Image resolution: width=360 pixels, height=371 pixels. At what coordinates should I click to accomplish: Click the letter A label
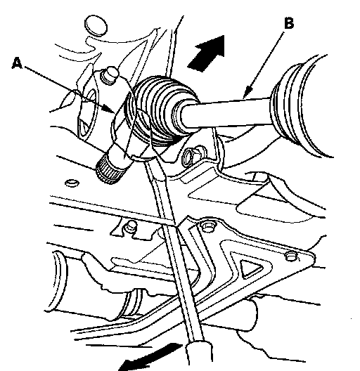click(x=17, y=63)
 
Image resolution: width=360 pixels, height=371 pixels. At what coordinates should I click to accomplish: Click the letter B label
click(x=289, y=23)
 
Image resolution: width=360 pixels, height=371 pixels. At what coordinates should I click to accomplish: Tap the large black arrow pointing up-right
click(x=207, y=53)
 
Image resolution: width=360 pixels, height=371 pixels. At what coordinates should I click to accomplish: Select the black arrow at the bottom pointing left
click(x=149, y=357)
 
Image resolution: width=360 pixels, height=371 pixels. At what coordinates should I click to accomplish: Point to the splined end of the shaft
click(x=110, y=171)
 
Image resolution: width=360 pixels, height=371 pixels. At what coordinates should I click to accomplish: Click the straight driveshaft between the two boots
click(x=225, y=113)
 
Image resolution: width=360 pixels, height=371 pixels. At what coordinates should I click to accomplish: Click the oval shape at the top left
click(x=96, y=26)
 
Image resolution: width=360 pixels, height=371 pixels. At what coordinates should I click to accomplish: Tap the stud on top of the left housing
click(x=110, y=74)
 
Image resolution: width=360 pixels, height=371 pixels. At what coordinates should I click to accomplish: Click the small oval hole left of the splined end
click(x=72, y=183)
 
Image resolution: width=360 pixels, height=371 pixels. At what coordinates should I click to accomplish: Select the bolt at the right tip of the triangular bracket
click(x=291, y=256)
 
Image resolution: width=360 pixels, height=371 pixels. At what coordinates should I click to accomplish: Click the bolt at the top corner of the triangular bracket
click(x=207, y=226)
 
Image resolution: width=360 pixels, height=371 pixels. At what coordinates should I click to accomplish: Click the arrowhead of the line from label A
click(x=110, y=109)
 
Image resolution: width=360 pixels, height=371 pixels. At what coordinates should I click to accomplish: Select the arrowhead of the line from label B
click(x=247, y=93)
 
